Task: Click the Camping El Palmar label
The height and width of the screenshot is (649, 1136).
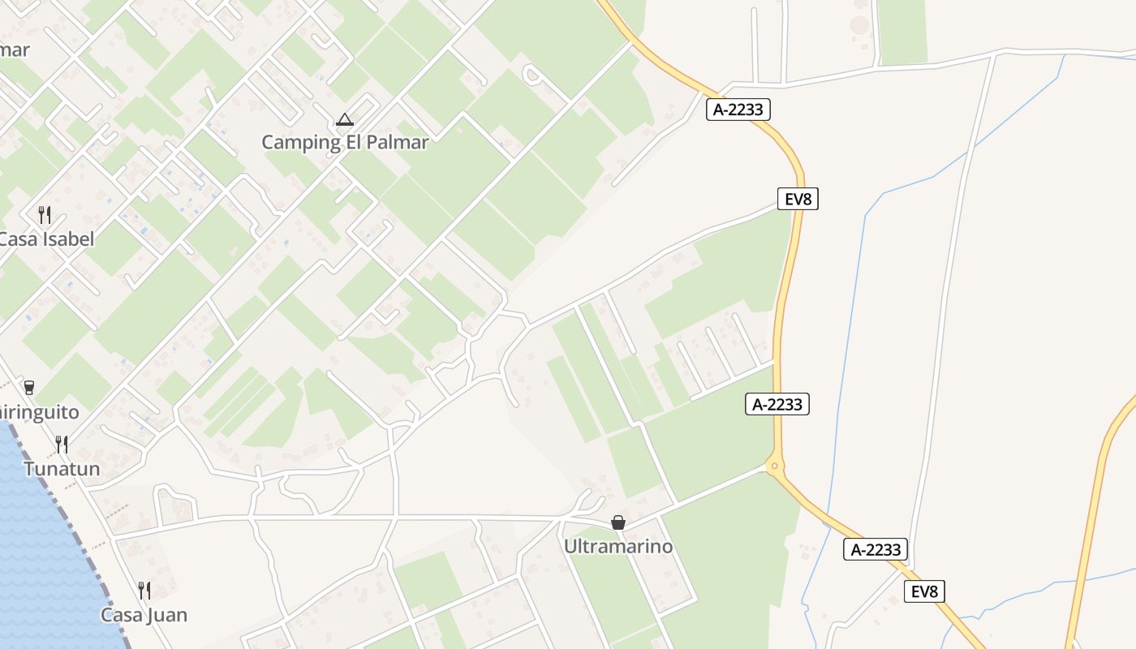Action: (x=345, y=143)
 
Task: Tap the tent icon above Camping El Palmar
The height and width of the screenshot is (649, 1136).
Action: (x=345, y=120)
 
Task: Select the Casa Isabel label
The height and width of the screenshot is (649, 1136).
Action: (x=46, y=239)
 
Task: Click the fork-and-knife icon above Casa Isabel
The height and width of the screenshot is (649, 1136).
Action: (x=45, y=215)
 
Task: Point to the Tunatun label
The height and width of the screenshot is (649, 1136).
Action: (x=62, y=469)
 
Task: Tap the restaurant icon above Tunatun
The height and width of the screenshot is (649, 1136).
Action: (x=62, y=445)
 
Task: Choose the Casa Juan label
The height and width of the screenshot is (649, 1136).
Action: (x=144, y=615)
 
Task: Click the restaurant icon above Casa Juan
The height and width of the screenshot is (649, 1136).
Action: (x=144, y=590)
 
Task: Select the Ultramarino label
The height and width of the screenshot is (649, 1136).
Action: (x=618, y=547)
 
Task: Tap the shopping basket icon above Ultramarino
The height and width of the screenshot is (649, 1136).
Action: (x=618, y=522)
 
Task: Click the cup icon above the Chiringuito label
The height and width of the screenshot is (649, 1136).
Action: (x=29, y=387)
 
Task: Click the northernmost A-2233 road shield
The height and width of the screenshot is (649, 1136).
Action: (x=738, y=110)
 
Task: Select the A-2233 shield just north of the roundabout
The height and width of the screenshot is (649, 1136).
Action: (x=777, y=403)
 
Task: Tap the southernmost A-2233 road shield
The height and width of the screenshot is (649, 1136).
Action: (x=876, y=549)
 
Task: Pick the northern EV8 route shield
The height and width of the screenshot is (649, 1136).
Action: (x=798, y=199)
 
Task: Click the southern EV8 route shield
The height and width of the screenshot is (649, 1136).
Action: (x=924, y=591)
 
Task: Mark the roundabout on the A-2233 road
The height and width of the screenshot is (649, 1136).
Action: (x=774, y=466)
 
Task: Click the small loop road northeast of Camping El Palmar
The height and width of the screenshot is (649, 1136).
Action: (x=532, y=75)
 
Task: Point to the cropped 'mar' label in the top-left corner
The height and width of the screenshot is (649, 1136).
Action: (x=15, y=50)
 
